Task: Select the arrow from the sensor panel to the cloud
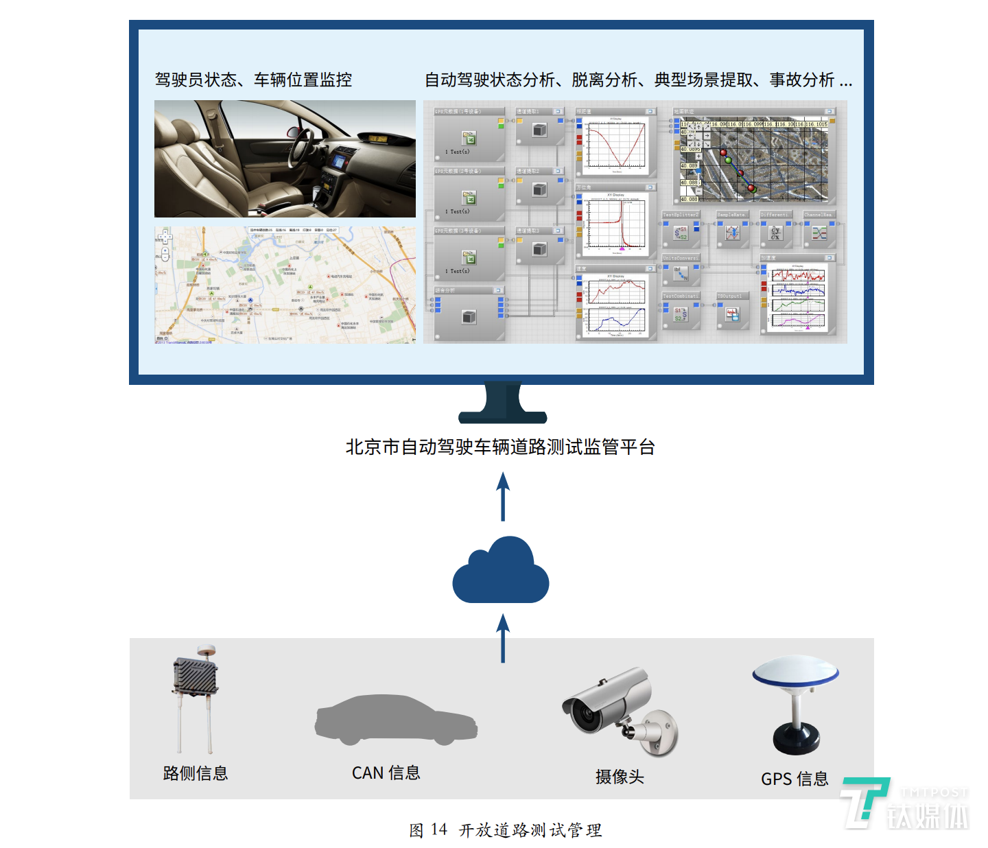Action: [503, 638]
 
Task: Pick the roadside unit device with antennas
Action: [196, 696]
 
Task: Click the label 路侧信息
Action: [196, 773]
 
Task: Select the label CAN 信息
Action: [386, 773]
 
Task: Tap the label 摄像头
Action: [620, 777]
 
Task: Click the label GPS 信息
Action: [795, 779]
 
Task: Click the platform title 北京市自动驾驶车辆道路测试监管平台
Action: [500, 447]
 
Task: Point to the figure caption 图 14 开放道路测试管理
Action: [505, 830]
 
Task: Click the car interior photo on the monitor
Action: [285, 158]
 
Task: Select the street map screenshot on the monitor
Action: [285, 285]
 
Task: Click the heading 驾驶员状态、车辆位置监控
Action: [253, 80]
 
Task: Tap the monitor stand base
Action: [503, 414]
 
